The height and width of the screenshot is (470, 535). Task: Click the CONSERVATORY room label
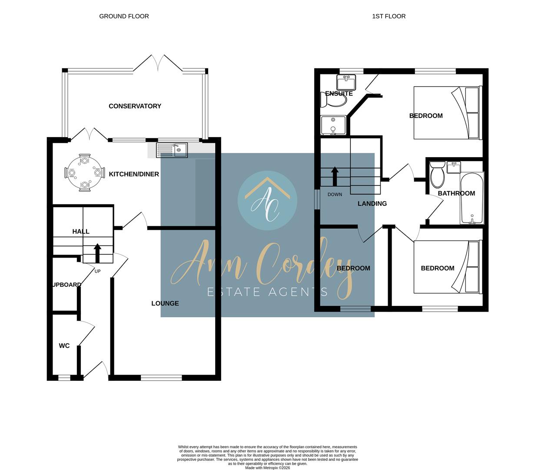pos(135,106)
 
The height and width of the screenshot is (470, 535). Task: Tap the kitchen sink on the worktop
pos(172,150)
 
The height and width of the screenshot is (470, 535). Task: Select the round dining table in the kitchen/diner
pos(85,173)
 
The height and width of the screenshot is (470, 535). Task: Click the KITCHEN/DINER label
pos(134,174)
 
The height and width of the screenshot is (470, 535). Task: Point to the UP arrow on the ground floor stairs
pos(97,253)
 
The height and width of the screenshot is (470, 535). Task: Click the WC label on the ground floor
pos(64,346)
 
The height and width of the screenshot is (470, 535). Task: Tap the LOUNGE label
pos(165,303)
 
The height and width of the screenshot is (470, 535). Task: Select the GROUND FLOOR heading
pos(124,16)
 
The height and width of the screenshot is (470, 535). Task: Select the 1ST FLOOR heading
pos(389,16)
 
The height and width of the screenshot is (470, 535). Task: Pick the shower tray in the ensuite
pos(333,125)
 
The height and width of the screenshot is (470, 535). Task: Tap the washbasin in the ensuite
pos(346,81)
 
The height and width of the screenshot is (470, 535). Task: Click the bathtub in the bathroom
pos(472,198)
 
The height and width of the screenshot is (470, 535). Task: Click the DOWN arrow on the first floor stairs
pos(335,176)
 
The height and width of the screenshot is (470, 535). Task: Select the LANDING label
pos(372,204)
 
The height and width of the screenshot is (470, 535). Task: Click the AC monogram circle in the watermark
pos(267,201)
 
